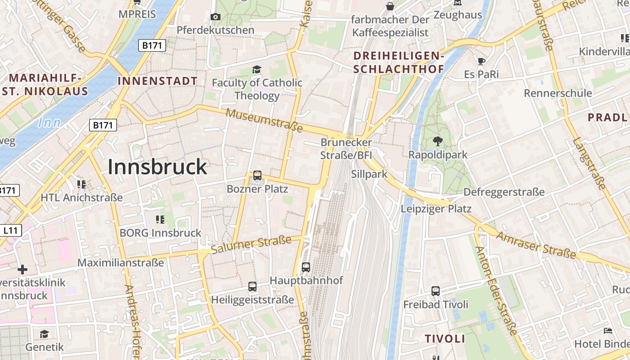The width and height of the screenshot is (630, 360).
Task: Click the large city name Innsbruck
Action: point(157,167)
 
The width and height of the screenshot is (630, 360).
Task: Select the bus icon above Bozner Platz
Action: point(257,175)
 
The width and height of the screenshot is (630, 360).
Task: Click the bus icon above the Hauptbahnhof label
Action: point(306,267)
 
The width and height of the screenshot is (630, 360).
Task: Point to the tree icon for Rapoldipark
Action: point(437,141)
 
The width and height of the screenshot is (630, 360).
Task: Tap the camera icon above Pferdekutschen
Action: point(216,17)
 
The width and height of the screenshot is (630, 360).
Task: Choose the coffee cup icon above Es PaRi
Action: point(481,61)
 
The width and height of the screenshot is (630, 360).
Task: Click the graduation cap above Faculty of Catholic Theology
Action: point(256,69)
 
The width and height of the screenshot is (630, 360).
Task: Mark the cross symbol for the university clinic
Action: point(22,270)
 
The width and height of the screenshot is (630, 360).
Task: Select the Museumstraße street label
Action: point(264,120)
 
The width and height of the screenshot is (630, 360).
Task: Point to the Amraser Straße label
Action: point(536,245)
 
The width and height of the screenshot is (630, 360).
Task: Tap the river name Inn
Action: point(49,122)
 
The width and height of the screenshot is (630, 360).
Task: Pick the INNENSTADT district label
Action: point(157,81)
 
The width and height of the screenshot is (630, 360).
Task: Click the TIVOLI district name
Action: point(445,339)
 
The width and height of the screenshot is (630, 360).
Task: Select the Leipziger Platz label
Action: point(436,209)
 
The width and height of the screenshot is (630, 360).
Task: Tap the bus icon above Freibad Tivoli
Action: point(436,291)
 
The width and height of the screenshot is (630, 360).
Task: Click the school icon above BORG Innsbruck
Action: point(160,220)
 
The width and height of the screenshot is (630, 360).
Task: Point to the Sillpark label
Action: point(369,174)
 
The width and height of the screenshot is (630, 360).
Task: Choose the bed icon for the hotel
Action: point(607,331)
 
